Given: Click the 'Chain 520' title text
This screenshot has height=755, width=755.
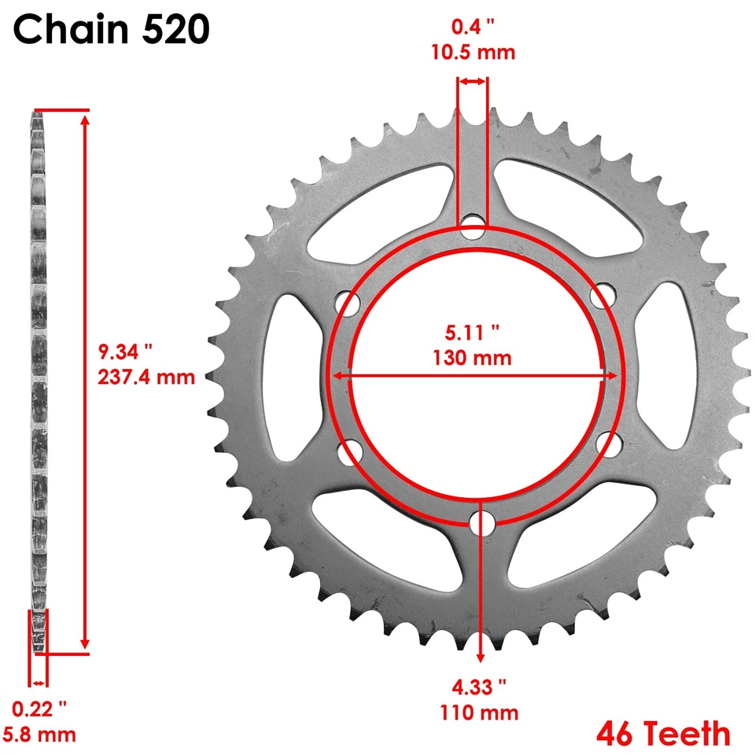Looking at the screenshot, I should [x=111, y=31].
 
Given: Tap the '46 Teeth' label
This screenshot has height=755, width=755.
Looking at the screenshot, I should [x=663, y=733].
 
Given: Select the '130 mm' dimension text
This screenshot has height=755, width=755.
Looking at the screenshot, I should [x=472, y=358].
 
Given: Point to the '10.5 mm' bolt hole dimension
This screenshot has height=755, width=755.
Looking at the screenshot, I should [x=473, y=53].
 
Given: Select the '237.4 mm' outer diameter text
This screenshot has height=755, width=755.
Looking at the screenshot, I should [x=146, y=377].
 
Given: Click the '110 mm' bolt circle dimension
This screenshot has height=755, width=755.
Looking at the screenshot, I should [x=480, y=713].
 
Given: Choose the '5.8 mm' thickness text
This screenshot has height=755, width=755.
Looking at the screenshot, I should [x=40, y=735].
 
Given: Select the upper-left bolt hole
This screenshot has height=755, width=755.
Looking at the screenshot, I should [x=347, y=301].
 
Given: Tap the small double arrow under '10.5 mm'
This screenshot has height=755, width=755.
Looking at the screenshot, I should [x=473, y=81].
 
